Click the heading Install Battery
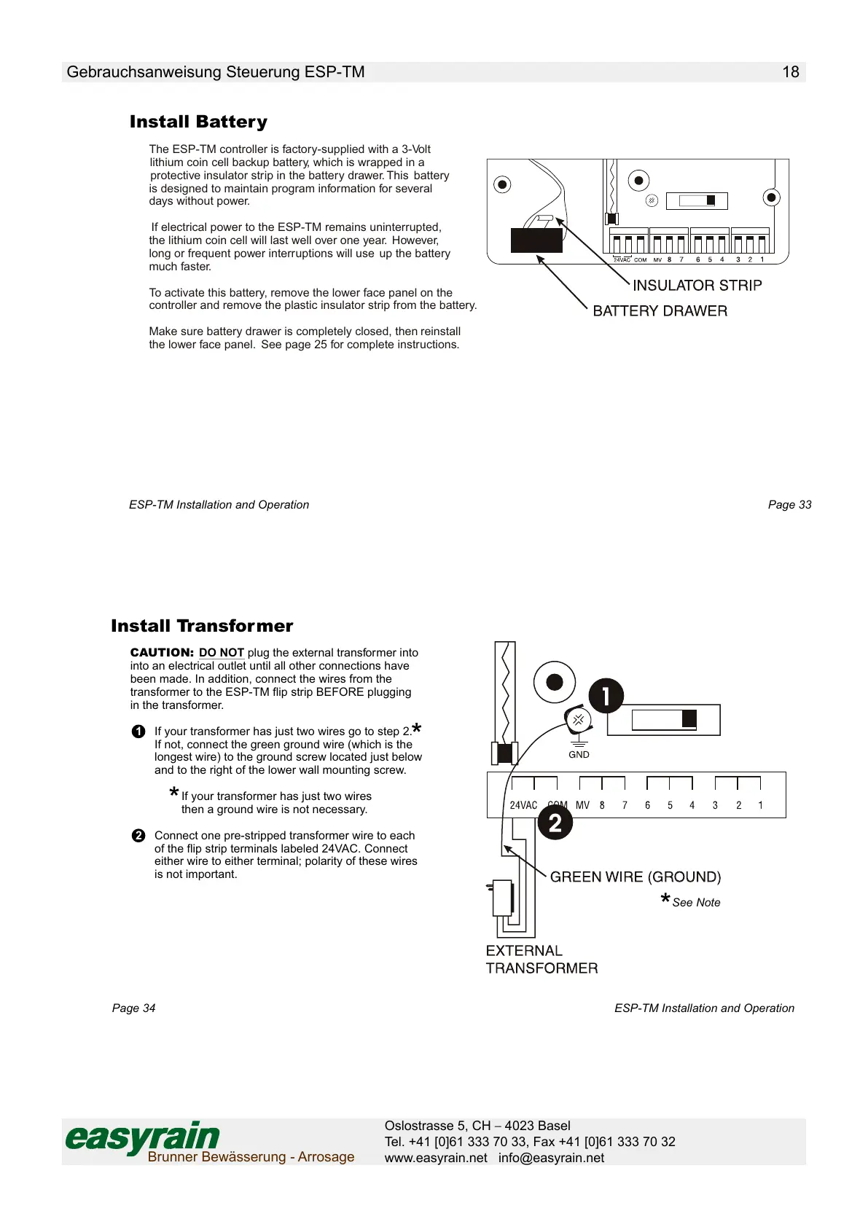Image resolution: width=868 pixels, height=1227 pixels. point(198,122)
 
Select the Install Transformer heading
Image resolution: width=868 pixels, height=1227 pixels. point(202,626)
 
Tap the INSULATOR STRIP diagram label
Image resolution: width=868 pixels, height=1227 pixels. point(697,286)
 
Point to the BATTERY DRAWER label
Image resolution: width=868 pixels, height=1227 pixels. point(660,311)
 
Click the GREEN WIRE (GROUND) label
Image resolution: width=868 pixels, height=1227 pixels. point(635,877)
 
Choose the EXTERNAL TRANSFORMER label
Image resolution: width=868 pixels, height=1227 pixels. point(541,960)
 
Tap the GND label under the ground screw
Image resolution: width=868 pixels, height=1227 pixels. point(579,755)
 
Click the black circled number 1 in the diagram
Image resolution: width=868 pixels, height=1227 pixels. point(606,696)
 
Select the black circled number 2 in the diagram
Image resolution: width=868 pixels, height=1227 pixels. point(555,823)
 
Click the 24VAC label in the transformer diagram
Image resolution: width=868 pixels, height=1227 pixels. point(523,805)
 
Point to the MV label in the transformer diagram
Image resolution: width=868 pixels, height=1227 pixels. point(582,805)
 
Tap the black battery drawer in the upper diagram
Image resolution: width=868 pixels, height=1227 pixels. point(536,240)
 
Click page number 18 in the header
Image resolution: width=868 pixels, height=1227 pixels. point(791,72)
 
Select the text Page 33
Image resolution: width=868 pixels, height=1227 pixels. point(789,505)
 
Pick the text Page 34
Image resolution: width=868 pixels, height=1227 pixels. point(133,1008)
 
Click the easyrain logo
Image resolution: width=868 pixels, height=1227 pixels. point(143,1137)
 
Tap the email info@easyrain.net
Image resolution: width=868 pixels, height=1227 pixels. point(551,1158)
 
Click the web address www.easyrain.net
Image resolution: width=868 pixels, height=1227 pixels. point(436,1158)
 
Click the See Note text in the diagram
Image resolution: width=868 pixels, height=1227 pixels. point(696,903)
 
